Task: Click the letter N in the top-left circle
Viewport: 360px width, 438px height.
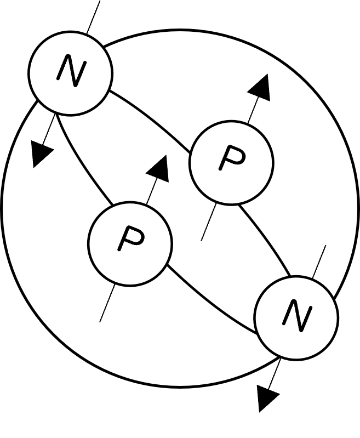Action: [x=71, y=72]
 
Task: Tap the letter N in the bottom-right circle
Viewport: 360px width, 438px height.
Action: [x=296, y=317]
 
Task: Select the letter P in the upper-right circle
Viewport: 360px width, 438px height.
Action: [x=231, y=160]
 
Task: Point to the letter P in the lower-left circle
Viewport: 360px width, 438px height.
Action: [x=130, y=241]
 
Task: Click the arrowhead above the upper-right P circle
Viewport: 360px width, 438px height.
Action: [x=260, y=88]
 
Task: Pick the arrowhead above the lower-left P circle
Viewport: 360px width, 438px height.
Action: [x=159, y=169]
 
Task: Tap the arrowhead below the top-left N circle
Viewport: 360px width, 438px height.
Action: [x=41, y=153]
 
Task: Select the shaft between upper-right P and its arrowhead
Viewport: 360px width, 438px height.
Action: [x=252, y=112]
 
